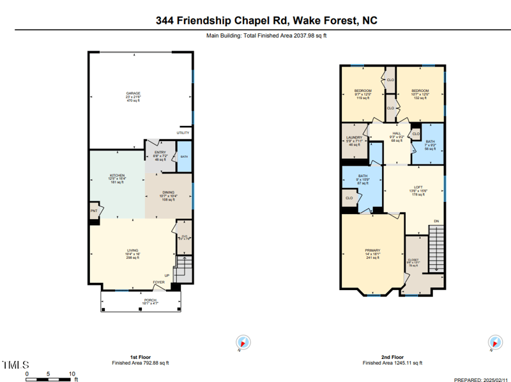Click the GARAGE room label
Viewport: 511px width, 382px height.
tap(133, 93)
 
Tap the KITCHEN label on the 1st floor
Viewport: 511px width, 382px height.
tap(116, 174)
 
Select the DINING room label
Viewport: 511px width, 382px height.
tap(168, 192)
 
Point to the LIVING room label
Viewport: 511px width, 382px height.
tap(133, 250)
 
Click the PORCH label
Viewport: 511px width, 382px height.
tap(150, 300)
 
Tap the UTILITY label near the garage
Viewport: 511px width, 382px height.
tap(183, 133)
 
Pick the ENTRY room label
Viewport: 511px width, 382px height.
tap(160, 152)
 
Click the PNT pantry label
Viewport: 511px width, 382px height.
tap(94, 210)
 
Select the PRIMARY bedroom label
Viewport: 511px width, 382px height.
tap(372, 250)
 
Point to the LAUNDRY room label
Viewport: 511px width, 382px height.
tap(354, 137)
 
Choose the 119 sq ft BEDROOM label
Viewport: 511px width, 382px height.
tap(363, 91)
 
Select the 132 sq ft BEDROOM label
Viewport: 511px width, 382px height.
tap(420, 91)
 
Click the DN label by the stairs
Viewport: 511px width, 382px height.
tap(437, 222)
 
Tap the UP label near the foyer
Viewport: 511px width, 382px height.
tap(167, 276)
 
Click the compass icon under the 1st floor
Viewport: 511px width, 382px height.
tap(241, 342)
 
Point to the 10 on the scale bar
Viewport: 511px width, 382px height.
tap(72, 374)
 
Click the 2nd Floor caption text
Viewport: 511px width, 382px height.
tap(392, 357)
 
